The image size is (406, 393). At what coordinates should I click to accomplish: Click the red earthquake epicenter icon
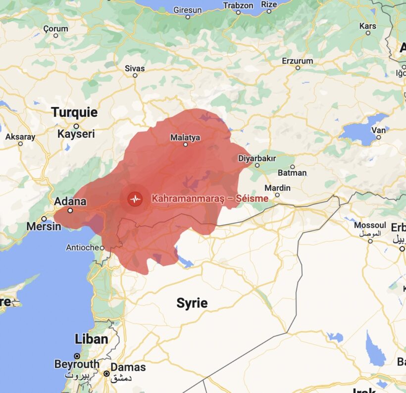135,199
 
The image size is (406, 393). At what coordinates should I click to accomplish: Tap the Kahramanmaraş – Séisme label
210,198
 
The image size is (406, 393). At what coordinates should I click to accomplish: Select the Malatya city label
185,137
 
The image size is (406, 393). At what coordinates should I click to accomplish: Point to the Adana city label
70,201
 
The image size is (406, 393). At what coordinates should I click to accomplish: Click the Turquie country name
74,112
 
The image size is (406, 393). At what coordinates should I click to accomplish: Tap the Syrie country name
192,303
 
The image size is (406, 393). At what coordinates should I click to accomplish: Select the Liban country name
91,339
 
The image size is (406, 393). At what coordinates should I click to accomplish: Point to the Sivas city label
135,68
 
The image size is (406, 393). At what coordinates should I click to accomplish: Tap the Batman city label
292,173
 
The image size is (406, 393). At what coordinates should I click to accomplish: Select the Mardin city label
277,188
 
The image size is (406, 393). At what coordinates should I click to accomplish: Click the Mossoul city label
370,226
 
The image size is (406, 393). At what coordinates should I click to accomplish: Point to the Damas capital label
128,367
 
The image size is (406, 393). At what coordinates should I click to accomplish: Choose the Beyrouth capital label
77,364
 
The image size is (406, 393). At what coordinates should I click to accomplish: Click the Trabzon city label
239,5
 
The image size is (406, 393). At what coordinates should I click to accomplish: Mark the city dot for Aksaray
20,144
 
